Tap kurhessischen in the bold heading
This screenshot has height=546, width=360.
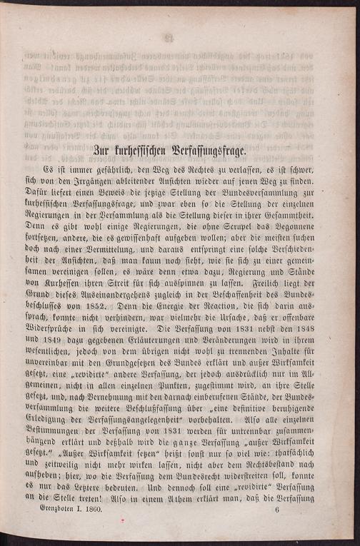pyautogui.click(x=149, y=151)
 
